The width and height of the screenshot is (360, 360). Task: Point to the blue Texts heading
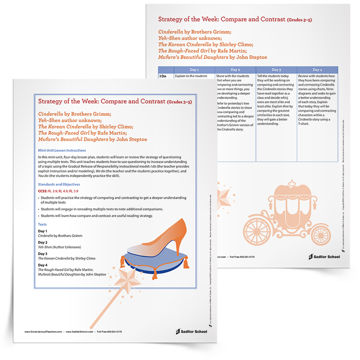point(42,224)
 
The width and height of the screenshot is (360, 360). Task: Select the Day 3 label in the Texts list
point(43,253)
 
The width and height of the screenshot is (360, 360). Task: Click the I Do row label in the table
point(162,76)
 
